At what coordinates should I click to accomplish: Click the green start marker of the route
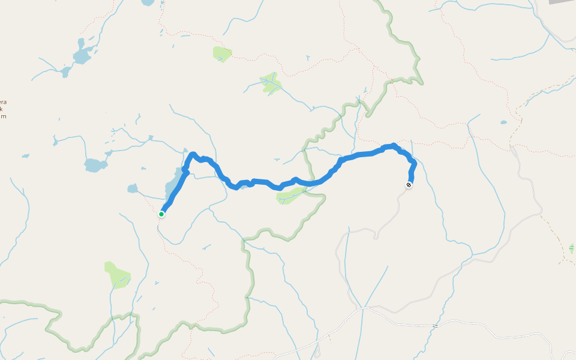pos(161,214)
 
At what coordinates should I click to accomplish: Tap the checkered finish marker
pos(409,185)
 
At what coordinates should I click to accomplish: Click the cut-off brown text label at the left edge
pos(3,109)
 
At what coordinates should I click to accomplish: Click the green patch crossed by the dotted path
pos(222,53)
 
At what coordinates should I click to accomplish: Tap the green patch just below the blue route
pos(292,195)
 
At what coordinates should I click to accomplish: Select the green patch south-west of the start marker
pos(117,274)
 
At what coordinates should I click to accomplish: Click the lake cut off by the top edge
pos(148,2)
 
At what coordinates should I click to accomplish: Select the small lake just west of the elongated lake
pos(133,188)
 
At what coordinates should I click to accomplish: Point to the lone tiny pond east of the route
pos(503,122)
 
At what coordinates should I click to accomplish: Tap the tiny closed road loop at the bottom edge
pos(318,354)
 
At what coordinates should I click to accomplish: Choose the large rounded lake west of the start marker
pos(95,164)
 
